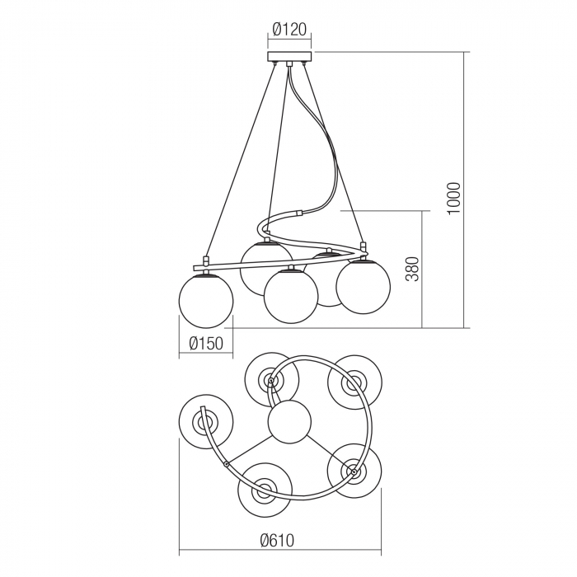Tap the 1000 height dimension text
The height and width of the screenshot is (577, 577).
click(454, 198)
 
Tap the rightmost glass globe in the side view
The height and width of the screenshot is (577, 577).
click(364, 286)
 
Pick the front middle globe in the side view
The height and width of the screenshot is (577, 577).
click(290, 295)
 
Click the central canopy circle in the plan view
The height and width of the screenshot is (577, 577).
click(289, 421)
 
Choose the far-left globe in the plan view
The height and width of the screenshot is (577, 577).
click(204, 423)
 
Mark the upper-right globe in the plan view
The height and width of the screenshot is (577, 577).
click(354, 382)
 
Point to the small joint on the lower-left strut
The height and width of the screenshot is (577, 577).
click(226, 465)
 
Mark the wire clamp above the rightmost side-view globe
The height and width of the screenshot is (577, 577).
click(363, 246)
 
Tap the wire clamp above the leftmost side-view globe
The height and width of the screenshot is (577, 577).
click(204, 259)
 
